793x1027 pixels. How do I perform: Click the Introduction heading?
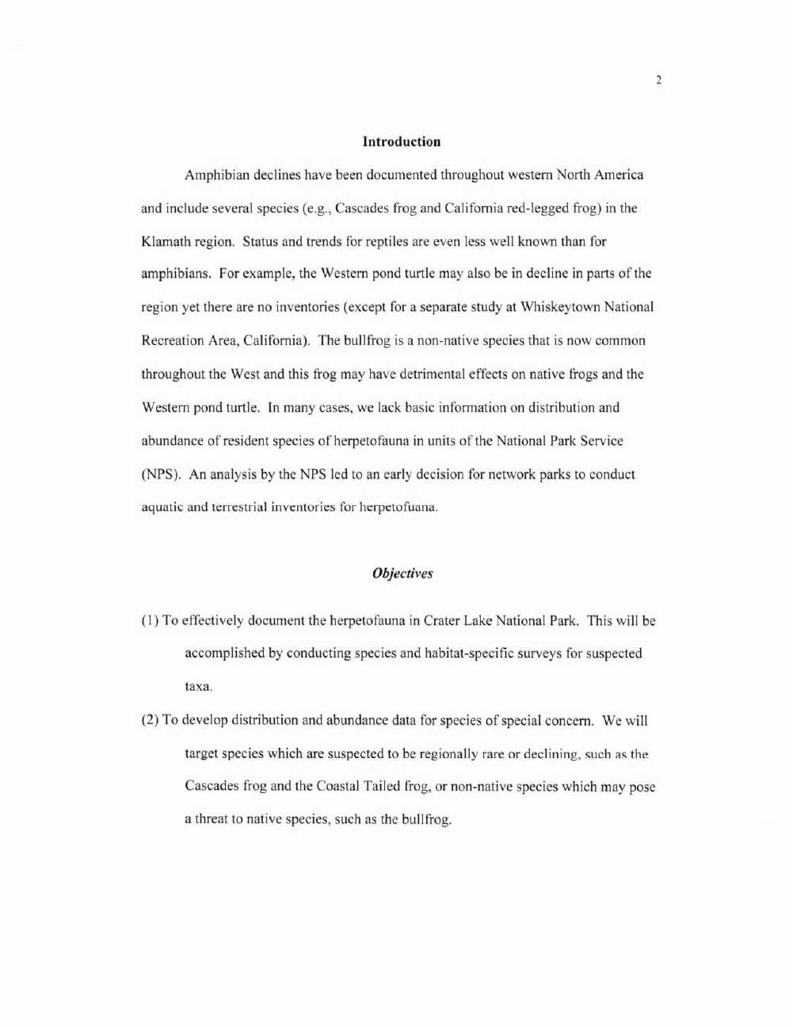point(401,142)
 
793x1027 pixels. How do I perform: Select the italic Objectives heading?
point(402,573)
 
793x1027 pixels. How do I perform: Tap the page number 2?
point(658,80)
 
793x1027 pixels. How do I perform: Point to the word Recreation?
point(171,341)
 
